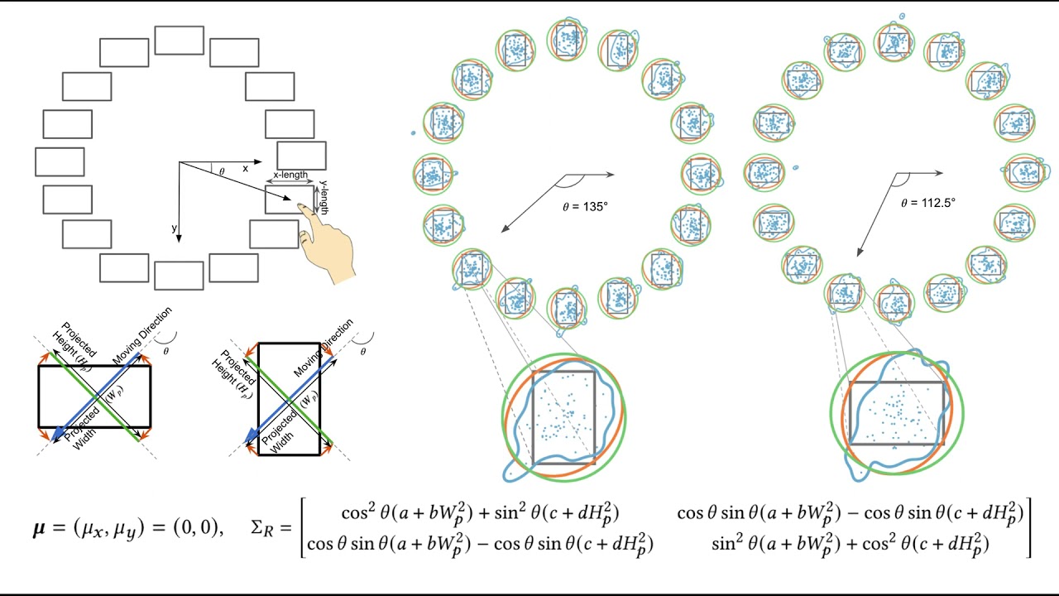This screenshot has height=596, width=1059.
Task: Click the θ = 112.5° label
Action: (x=928, y=202)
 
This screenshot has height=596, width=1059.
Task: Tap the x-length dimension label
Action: (x=290, y=175)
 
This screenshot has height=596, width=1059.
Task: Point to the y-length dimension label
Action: (x=323, y=198)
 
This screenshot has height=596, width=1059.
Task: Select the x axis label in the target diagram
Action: (x=245, y=168)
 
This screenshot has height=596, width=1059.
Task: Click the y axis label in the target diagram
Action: (x=175, y=228)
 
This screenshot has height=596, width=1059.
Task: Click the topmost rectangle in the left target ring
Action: (x=179, y=40)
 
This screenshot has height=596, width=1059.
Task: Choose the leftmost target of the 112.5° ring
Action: (x=763, y=172)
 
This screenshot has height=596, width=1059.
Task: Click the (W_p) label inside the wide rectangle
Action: (x=107, y=396)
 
